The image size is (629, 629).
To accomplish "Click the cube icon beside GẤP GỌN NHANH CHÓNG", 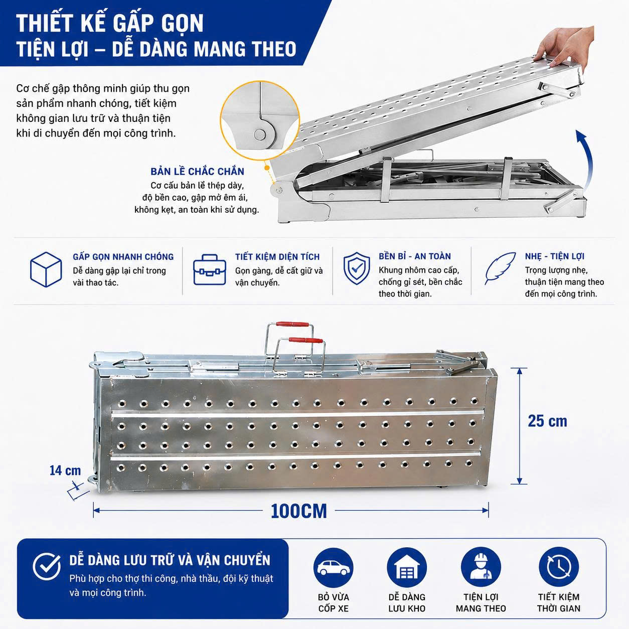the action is point(46,269).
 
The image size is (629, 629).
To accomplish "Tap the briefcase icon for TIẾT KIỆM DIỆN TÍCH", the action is point(209,270).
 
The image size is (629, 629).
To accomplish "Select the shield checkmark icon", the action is point(357,268).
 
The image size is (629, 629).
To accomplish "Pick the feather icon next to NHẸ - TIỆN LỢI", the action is point(500,269).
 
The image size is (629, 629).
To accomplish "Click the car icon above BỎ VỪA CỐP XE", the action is point(333,568).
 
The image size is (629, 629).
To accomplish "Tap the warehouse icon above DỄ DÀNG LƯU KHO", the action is point(407,568).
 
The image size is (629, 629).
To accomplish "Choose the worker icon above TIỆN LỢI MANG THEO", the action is point(481,568).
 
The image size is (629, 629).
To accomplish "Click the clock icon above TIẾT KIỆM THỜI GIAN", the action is point(558,568).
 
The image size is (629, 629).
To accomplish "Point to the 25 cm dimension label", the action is point(547,421).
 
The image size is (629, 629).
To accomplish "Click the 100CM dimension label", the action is point(298,511).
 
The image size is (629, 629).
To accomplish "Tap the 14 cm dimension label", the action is point(65,470).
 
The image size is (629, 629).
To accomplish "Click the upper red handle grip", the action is point(292,324).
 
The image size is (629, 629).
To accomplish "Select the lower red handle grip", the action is point(306,340).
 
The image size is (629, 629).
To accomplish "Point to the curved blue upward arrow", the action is point(588,160).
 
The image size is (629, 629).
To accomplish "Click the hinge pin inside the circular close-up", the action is point(260,134).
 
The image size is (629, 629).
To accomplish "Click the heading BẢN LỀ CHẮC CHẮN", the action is point(198,172).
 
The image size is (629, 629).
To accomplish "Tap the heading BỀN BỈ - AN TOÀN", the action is point(414,256).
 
